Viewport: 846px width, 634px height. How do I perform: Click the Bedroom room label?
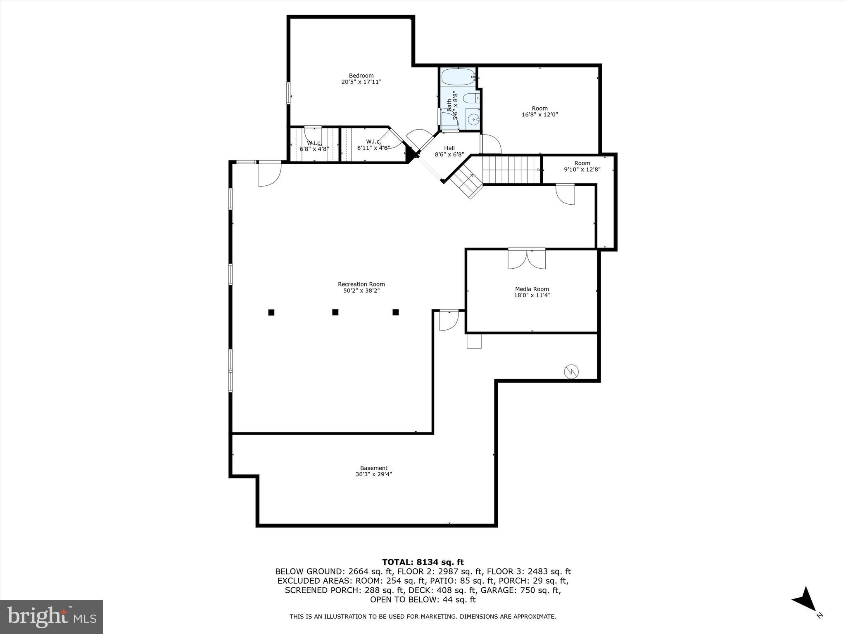coord(361,76)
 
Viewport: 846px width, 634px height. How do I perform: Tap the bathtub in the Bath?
coord(457,77)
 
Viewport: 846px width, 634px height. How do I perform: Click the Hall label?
coord(449,148)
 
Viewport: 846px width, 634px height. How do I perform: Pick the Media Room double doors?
coord(527,259)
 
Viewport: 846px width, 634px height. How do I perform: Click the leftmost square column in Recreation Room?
coord(271,312)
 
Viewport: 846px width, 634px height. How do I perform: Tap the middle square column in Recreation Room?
coord(335,312)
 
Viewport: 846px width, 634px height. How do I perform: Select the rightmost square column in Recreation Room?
coord(396,312)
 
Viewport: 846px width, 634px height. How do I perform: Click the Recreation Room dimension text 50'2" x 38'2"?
coord(361,291)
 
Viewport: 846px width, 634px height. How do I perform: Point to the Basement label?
coord(373,468)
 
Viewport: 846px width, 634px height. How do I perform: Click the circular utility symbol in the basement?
coord(571,372)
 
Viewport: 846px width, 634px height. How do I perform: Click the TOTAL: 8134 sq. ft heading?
coord(423,562)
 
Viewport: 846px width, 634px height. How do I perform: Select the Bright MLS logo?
coord(52,617)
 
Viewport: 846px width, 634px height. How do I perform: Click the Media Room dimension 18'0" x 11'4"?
coord(532,295)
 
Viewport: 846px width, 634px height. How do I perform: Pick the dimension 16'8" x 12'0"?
coord(539,115)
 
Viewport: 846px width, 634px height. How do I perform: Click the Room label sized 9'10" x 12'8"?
coord(582,163)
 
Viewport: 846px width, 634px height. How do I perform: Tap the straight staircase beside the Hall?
coord(511,169)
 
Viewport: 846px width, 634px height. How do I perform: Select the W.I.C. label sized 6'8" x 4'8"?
coord(314,143)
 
